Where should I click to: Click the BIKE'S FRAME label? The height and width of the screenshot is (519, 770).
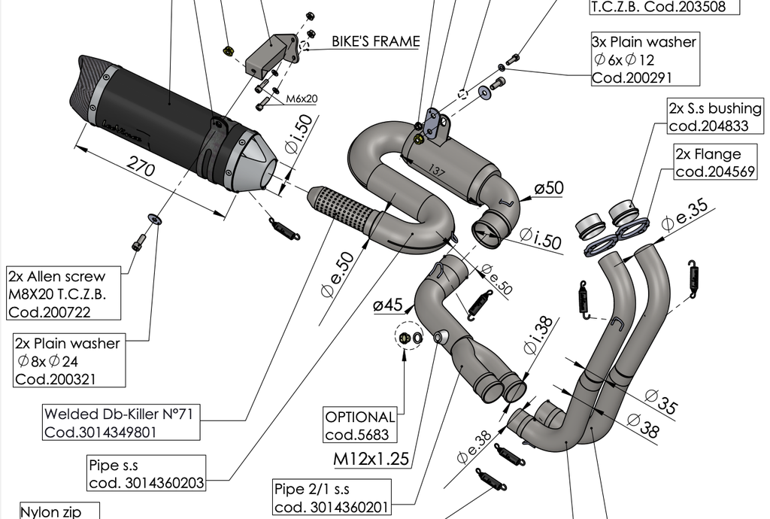[375, 41]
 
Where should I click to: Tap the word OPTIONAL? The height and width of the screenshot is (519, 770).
[360, 417]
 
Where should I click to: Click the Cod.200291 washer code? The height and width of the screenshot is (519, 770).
[631, 77]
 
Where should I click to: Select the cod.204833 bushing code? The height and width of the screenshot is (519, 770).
[708, 126]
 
